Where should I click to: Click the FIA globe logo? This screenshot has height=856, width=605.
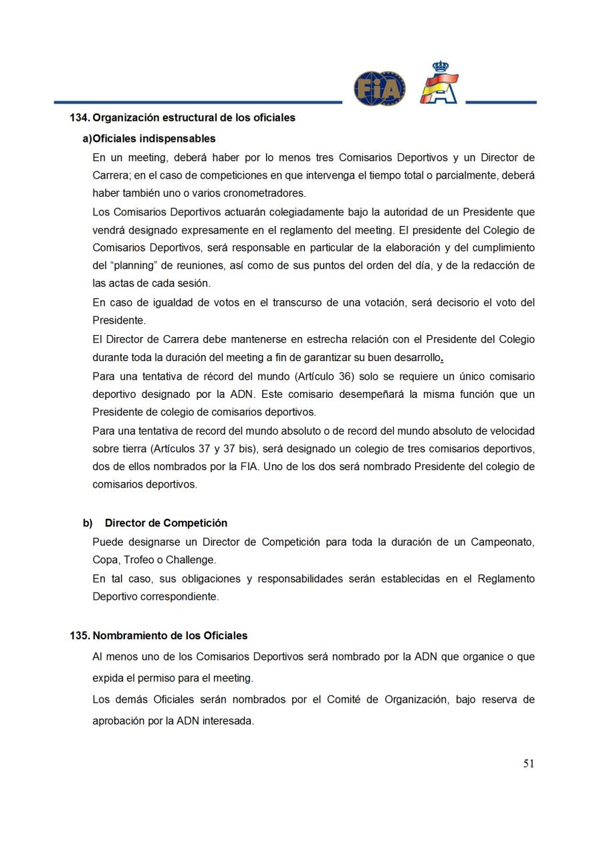click(x=379, y=88)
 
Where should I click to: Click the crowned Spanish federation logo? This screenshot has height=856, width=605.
click(x=439, y=83)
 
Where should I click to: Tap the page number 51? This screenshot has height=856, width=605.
click(x=528, y=764)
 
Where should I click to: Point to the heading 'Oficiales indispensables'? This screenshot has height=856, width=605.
click(x=154, y=138)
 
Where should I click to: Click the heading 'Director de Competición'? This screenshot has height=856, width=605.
click(x=166, y=523)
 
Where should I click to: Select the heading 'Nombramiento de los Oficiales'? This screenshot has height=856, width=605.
click(x=170, y=635)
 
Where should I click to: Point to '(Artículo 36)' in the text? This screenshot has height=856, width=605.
click(x=324, y=377)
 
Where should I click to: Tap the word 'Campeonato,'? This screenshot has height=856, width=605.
click(x=503, y=542)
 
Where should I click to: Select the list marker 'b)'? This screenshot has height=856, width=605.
click(x=88, y=523)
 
